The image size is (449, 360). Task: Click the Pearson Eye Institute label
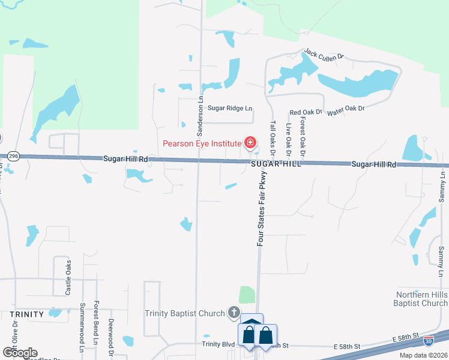click(x=202, y=143)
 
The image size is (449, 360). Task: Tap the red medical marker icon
click(x=249, y=143)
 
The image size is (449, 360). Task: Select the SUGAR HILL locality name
click(x=275, y=164)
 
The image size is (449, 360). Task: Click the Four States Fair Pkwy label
click(x=261, y=208)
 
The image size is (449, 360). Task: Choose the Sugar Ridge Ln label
click(x=231, y=108)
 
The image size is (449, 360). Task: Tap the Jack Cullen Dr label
click(x=324, y=55)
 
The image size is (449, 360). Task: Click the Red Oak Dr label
click(x=306, y=112)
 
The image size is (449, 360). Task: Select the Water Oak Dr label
click(x=345, y=108)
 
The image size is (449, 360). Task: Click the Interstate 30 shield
click(x=428, y=341)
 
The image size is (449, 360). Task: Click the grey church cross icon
click(x=234, y=313)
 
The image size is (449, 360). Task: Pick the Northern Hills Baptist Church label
click(x=422, y=299)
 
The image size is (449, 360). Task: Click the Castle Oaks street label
click(x=68, y=278)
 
